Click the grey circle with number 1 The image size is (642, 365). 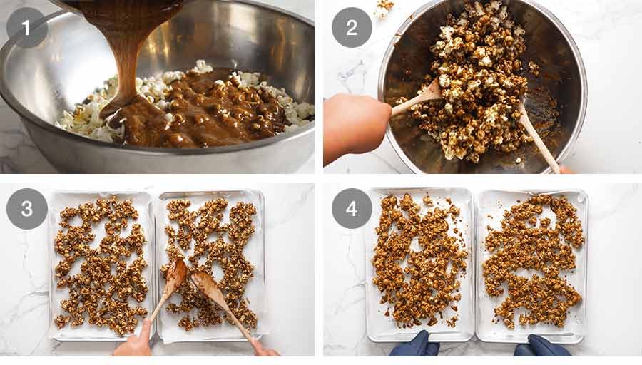[27, 28]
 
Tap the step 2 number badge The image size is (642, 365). [352, 28]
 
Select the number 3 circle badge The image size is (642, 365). [27, 208]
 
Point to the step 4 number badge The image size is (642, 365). [352, 208]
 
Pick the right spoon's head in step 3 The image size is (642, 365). [203, 283]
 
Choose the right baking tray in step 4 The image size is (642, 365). [531, 264]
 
